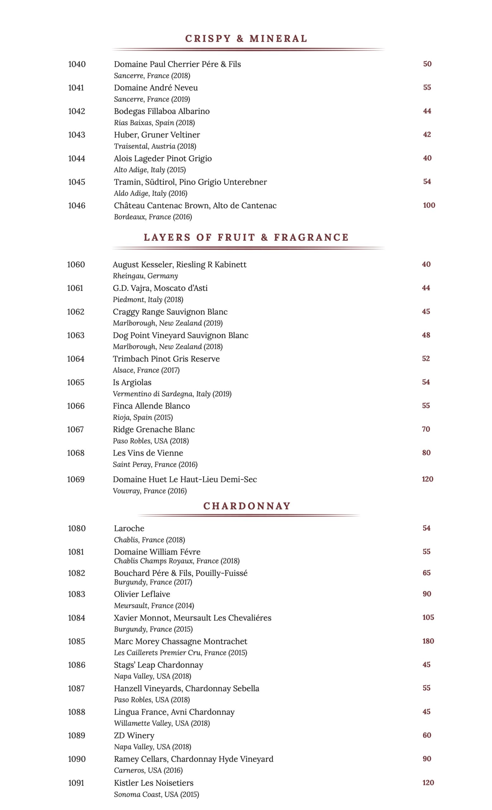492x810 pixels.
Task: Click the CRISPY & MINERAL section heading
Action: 246,39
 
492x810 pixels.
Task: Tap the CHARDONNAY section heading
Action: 247,506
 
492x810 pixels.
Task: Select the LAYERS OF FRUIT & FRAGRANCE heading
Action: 246,237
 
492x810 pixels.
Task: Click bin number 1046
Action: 77,205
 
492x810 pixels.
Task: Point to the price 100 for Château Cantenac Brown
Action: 429,205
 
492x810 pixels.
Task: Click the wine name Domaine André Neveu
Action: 156,88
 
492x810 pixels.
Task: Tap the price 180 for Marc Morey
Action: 428,641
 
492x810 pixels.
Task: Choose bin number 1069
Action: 76,479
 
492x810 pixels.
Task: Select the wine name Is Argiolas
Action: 132,382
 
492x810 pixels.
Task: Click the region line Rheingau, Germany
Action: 145,276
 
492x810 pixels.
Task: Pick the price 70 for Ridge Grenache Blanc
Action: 426,429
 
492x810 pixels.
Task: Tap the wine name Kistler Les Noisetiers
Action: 154,783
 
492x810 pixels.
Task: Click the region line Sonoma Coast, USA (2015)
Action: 156,794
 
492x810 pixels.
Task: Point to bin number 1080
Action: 77,528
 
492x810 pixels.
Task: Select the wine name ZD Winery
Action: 134,735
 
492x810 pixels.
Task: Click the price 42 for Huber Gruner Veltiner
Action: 427,134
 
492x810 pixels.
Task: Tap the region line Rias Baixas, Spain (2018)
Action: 154,123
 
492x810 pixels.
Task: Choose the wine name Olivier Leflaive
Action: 142,594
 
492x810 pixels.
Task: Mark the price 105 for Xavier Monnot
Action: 428,617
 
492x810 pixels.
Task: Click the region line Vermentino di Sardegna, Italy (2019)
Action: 172,394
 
